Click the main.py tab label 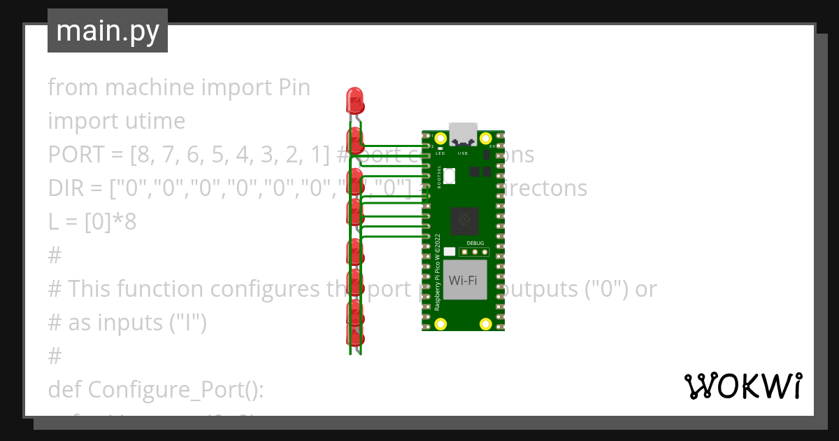click(x=108, y=31)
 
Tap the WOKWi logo click(x=742, y=386)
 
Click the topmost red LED click(x=355, y=100)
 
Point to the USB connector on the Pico click(x=462, y=133)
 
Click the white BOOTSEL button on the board click(x=449, y=175)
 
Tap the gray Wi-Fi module click(x=462, y=280)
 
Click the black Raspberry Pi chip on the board click(x=465, y=221)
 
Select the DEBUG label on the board click(x=475, y=243)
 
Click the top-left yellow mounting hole click(x=440, y=139)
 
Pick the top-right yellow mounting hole click(x=485, y=139)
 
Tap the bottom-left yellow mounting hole click(x=440, y=323)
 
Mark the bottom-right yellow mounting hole click(x=485, y=323)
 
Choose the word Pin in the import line click(x=293, y=88)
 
